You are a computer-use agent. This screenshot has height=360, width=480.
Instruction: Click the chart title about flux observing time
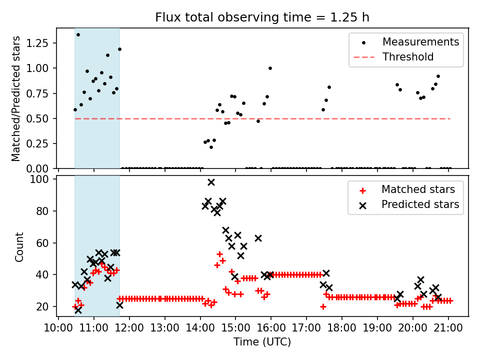click(262, 17)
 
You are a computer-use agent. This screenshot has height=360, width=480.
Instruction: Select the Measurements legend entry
click(420, 42)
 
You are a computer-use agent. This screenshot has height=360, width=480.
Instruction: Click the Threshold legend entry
click(408, 57)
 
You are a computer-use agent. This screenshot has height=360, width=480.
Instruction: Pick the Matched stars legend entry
click(418, 189)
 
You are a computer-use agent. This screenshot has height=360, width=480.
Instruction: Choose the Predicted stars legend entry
click(420, 204)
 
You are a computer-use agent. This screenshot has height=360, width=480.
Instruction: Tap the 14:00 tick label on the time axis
click(200, 328)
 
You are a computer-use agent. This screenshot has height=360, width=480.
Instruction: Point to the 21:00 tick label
click(448, 328)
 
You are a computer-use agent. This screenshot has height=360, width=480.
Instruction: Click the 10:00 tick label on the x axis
click(58, 328)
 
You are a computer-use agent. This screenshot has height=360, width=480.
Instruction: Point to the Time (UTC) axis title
click(262, 342)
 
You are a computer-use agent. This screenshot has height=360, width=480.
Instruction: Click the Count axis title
click(19, 246)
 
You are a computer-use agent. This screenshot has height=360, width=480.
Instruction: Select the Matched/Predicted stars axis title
click(16, 98)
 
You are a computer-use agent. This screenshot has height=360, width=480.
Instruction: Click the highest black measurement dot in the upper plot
click(78, 34)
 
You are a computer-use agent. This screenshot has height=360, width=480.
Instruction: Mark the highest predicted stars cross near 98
click(211, 182)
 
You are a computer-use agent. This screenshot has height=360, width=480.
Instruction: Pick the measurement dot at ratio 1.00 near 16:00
click(270, 68)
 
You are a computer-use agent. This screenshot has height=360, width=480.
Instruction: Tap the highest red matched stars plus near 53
click(219, 254)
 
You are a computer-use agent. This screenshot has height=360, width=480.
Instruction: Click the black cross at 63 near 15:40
click(258, 238)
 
